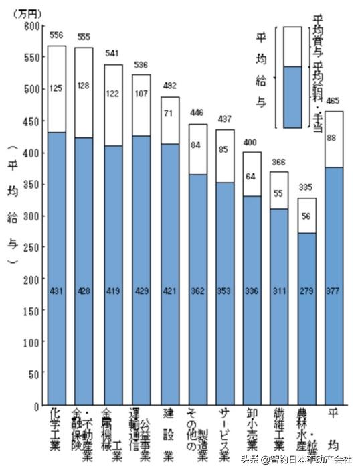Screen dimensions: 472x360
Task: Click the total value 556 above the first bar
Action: tap(56, 35)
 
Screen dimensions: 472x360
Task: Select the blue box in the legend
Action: tap(292, 96)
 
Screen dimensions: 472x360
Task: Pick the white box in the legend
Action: tap(292, 46)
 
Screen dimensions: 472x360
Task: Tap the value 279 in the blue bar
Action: tap(307, 291)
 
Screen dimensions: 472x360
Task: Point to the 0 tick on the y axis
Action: tap(37, 406)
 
